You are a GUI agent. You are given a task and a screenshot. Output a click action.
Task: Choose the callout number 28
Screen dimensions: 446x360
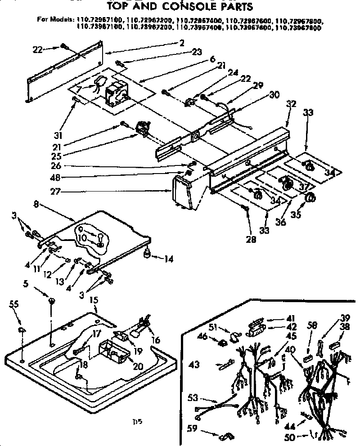[x=251, y=240]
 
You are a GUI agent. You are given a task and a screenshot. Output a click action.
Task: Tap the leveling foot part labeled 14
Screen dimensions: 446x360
[x=147, y=255]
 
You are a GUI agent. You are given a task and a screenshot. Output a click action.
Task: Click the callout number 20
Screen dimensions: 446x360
[x=138, y=366]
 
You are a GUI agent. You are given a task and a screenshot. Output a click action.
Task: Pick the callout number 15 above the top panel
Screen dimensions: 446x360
[x=94, y=298]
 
